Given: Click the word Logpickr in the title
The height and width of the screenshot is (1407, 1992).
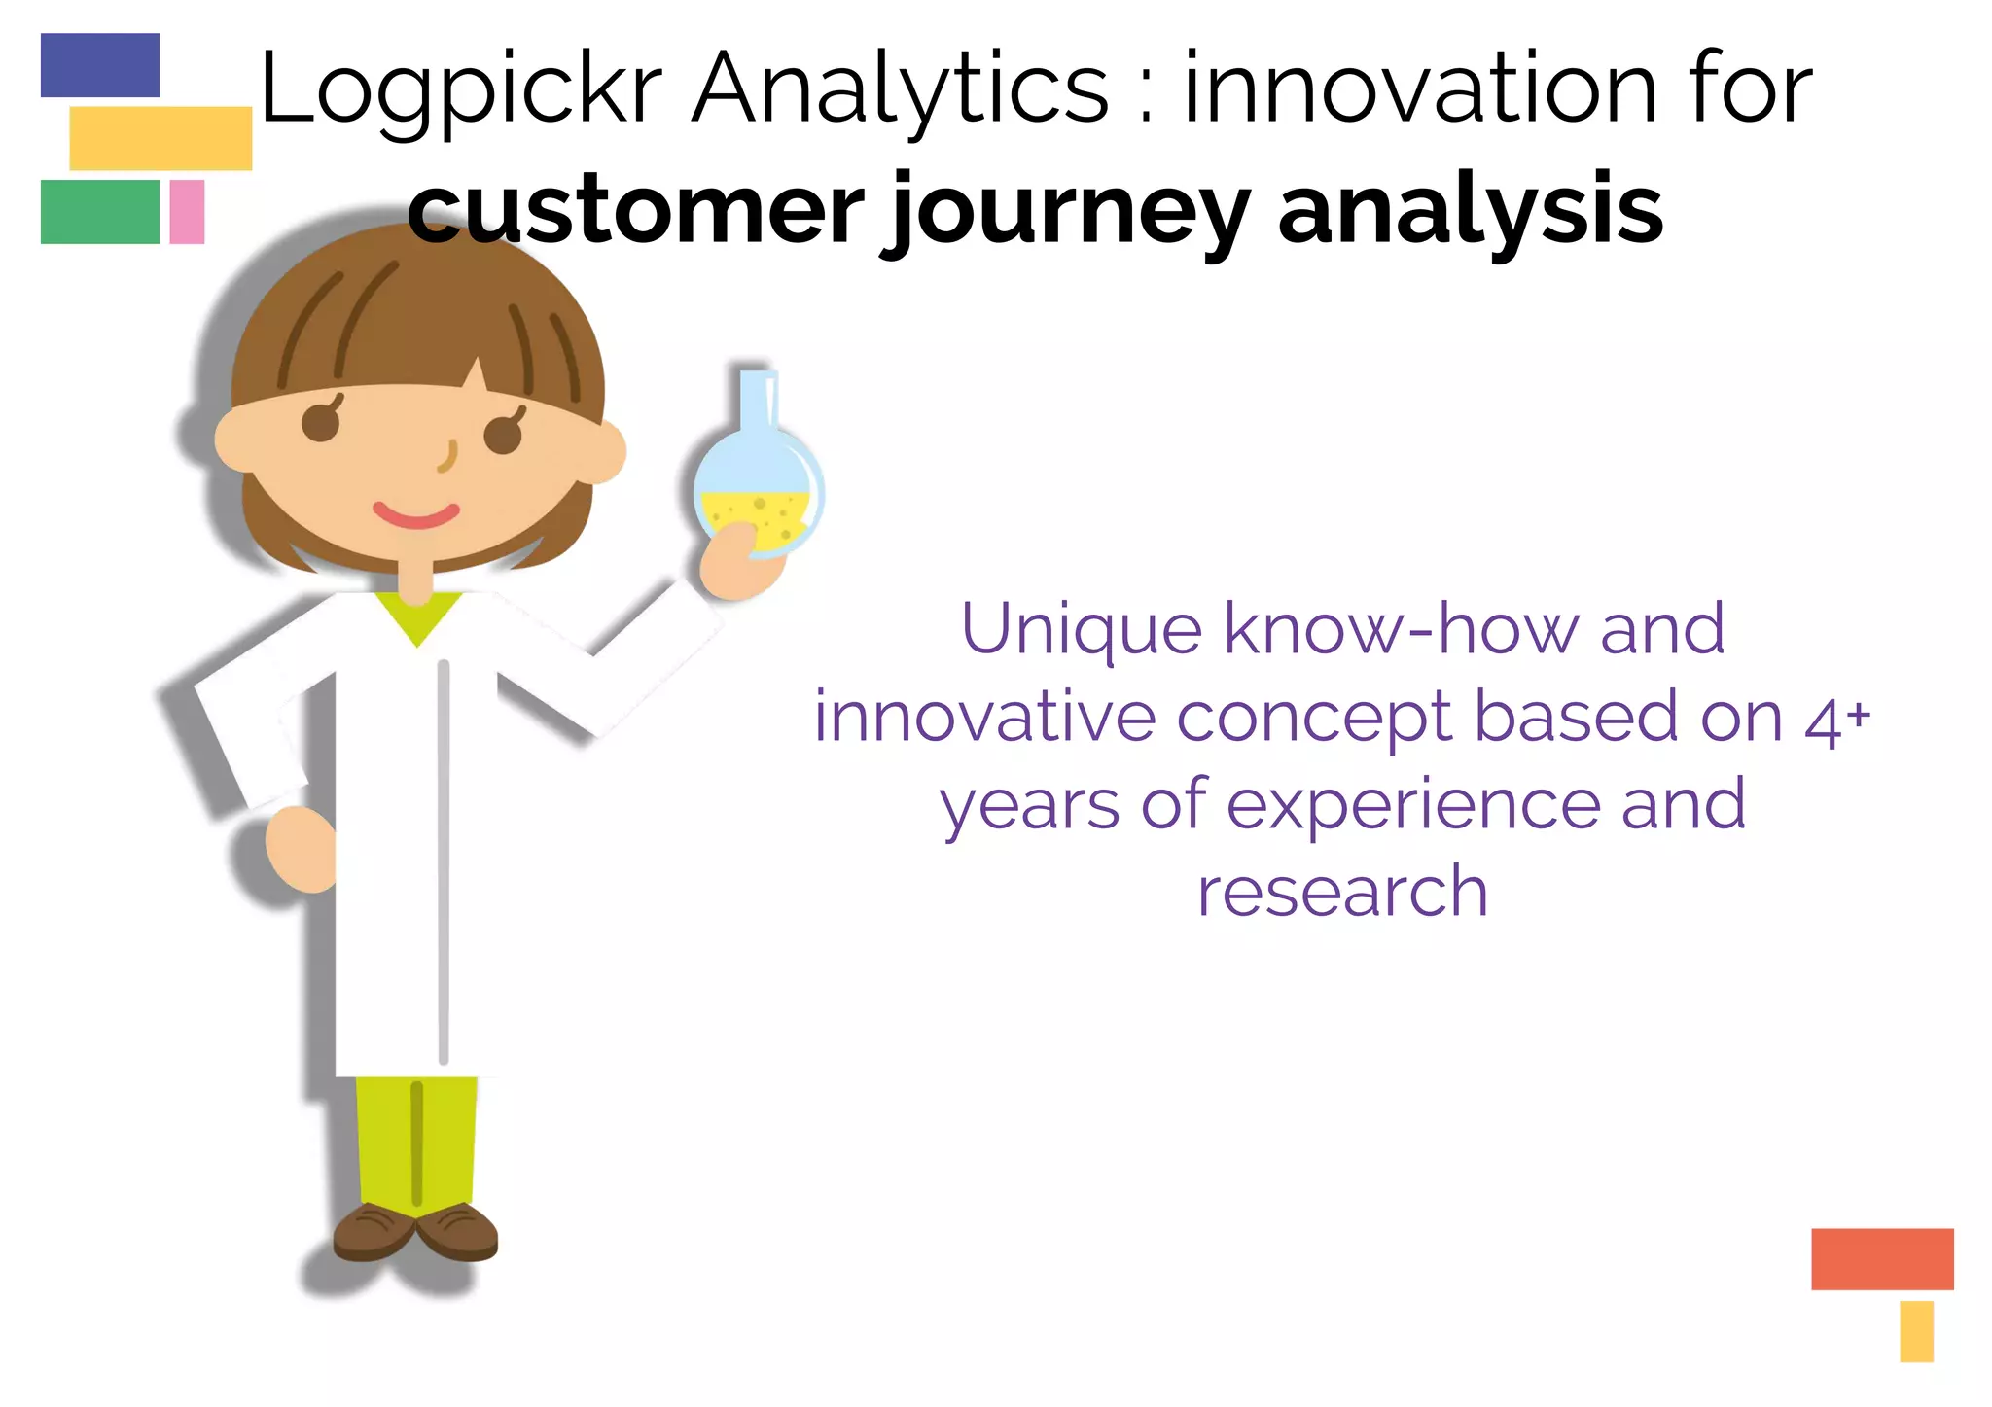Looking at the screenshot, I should [x=461, y=89].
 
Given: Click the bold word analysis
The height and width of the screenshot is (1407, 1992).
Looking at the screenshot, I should [x=1470, y=210].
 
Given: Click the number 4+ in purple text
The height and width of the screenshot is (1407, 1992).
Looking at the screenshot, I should [x=1836, y=721].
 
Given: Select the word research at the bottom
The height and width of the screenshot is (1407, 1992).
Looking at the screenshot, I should [x=1342, y=892].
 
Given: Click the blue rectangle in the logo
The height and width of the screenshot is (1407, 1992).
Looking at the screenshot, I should [x=100, y=65].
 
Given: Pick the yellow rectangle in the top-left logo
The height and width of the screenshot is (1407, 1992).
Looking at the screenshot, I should [x=160, y=138].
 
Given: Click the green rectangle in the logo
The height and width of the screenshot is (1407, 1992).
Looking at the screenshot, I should [x=100, y=212].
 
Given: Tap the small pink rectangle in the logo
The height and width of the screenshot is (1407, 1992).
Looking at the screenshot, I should [x=187, y=212].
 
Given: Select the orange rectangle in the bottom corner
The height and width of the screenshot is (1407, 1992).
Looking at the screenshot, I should [x=1881, y=1258].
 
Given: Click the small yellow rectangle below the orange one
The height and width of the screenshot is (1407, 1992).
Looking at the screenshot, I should [x=1915, y=1331].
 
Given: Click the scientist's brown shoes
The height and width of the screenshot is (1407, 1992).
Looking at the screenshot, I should [x=415, y=1233].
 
